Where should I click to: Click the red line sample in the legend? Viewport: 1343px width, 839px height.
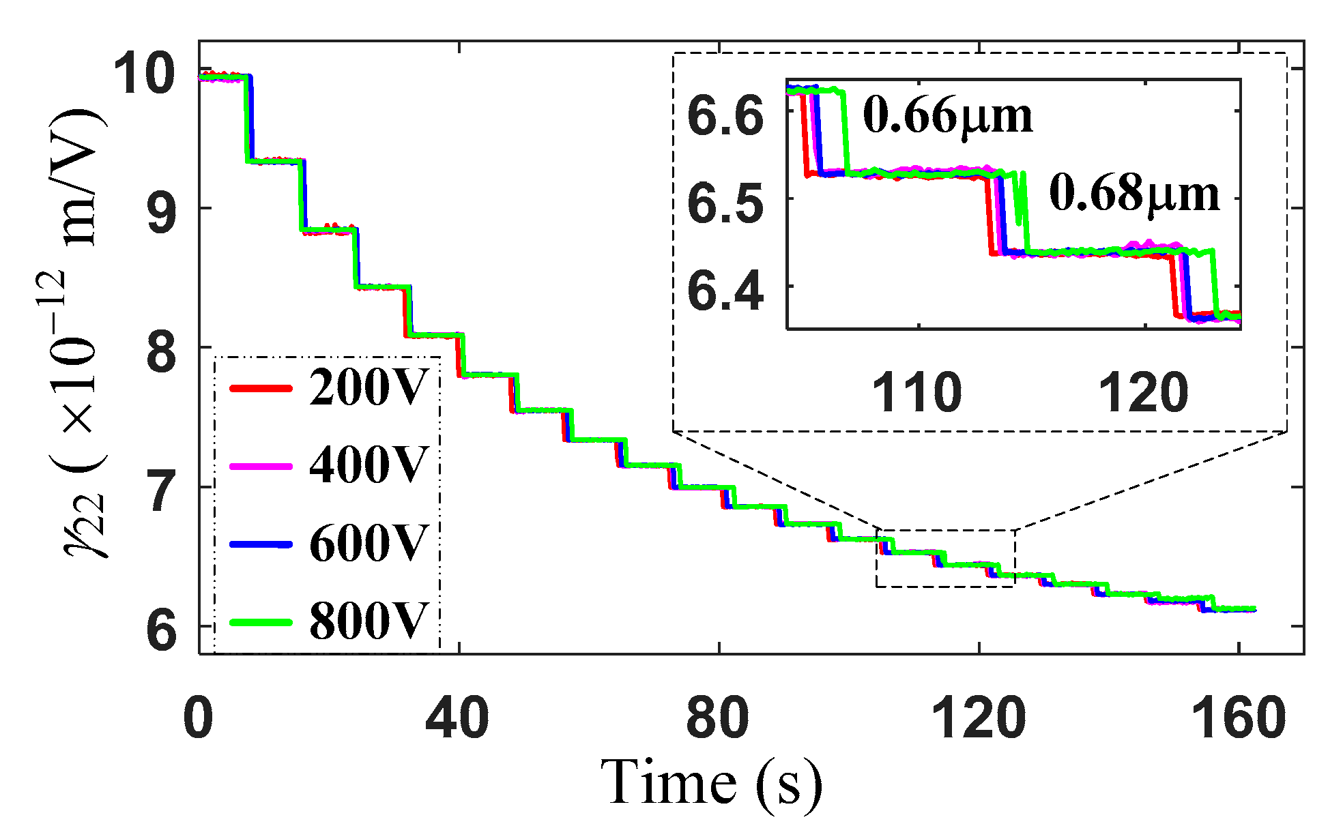(261, 388)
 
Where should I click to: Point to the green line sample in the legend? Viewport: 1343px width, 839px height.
(261, 622)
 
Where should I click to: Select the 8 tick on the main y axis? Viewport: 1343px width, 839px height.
(162, 353)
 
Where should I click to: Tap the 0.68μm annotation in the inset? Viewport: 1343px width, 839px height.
(1134, 194)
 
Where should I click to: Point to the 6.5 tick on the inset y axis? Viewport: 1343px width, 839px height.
(725, 204)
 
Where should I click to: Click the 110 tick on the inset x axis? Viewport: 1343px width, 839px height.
(918, 394)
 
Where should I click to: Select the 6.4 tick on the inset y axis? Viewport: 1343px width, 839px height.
(725, 291)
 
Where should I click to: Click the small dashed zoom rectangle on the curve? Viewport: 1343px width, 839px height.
(945, 558)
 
